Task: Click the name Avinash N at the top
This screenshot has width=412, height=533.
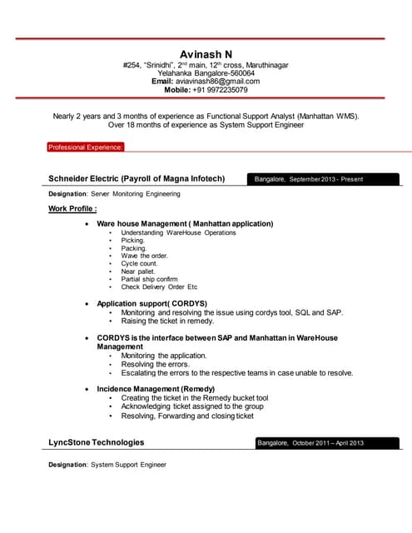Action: pos(206,54)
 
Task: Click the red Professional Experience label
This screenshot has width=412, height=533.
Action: pos(86,147)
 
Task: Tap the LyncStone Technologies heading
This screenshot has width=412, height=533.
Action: pos(96,442)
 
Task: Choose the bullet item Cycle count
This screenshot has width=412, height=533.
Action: pos(139,263)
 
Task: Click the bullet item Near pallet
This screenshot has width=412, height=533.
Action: pos(138,271)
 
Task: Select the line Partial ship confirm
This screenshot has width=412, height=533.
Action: pos(149,279)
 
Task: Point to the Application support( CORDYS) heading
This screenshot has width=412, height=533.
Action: pos(151,303)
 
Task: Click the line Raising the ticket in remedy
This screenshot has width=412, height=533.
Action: pos(167,321)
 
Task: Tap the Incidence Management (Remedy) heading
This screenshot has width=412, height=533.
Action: pos(156,389)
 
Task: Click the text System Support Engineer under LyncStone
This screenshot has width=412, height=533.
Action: pos(128,464)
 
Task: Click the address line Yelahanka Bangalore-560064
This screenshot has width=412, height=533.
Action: pos(206,72)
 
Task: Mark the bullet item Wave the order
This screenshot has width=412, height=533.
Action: pos(144,256)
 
